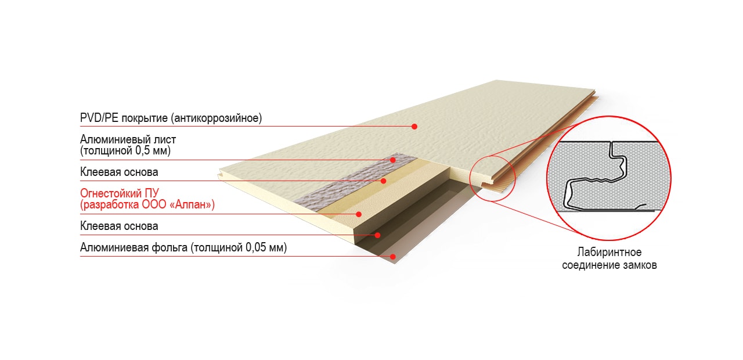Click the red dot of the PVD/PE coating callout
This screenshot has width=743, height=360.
click(x=414, y=127)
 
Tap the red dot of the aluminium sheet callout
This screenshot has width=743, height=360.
click(x=393, y=160)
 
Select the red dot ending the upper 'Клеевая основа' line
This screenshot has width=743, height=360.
click(x=384, y=181)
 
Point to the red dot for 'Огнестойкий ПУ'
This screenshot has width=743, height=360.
click(x=359, y=214)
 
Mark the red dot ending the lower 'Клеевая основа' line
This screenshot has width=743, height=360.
click(x=377, y=235)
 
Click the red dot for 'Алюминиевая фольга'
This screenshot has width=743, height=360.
click(x=393, y=257)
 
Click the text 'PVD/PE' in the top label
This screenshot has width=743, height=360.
click(x=99, y=118)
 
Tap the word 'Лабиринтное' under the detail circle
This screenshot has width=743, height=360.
click(x=609, y=252)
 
